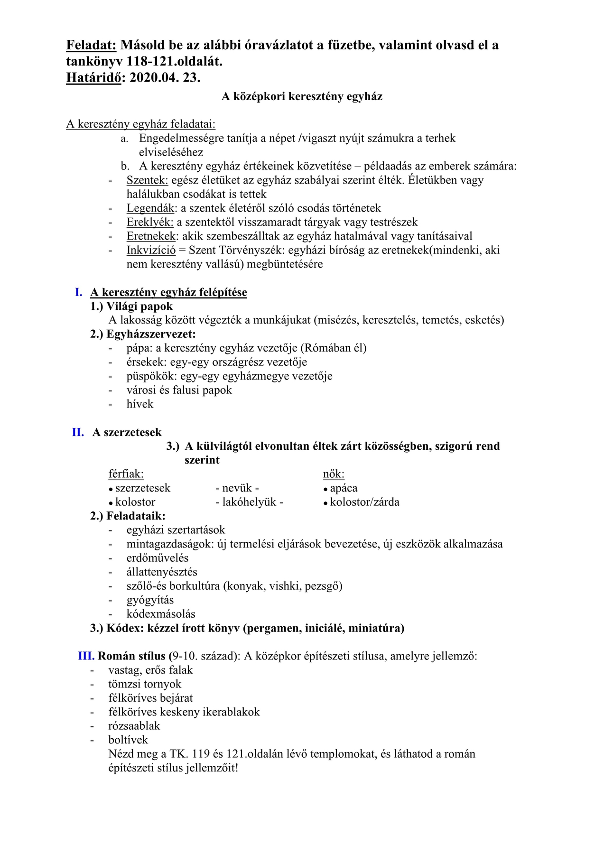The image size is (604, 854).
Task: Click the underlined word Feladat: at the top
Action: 91,45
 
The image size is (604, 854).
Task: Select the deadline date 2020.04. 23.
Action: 165,77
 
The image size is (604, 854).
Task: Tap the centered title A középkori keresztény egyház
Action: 302,96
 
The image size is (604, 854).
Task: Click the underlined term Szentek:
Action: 147,180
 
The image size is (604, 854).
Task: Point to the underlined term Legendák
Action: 150,208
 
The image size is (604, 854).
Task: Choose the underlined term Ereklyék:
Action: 150,222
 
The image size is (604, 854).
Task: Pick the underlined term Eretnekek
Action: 151,236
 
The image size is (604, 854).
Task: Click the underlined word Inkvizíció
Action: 151,250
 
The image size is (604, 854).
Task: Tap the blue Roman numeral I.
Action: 78,292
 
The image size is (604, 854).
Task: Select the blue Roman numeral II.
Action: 78,432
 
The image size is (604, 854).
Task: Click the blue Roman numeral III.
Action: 86,656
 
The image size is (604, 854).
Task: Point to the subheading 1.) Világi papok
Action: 131,306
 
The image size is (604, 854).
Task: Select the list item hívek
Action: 140,404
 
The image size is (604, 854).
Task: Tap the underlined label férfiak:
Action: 126,474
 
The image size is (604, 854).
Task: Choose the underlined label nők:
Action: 334,474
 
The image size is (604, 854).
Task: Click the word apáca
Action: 344,488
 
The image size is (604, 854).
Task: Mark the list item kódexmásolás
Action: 161,614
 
